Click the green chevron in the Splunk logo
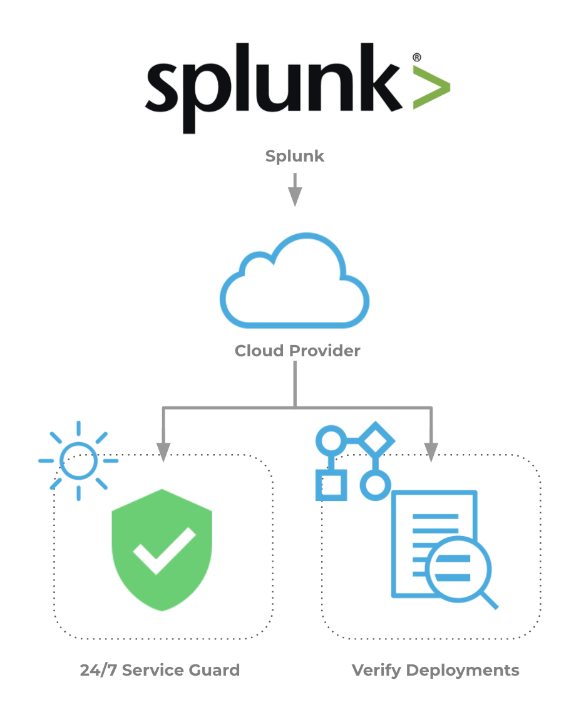pos(431,88)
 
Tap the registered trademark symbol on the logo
pos(416,58)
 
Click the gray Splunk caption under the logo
pos(295,157)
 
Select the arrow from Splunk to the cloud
pos(295,190)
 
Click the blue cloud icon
pos(295,281)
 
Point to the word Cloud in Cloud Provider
pos(259,351)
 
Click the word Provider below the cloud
pos(324,351)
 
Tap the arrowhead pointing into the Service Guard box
pos(163,452)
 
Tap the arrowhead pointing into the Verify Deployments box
pos(431,452)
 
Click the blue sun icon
pos(79,460)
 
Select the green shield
pos(162,550)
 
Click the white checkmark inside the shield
pos(164,550)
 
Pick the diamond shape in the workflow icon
pos(376,440)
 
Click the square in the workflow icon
pos(331,485)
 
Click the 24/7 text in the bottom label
pos(98,671)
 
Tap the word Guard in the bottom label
pos(214,671)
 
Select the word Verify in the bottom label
pos(376,671)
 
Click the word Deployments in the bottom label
pos(463,671)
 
